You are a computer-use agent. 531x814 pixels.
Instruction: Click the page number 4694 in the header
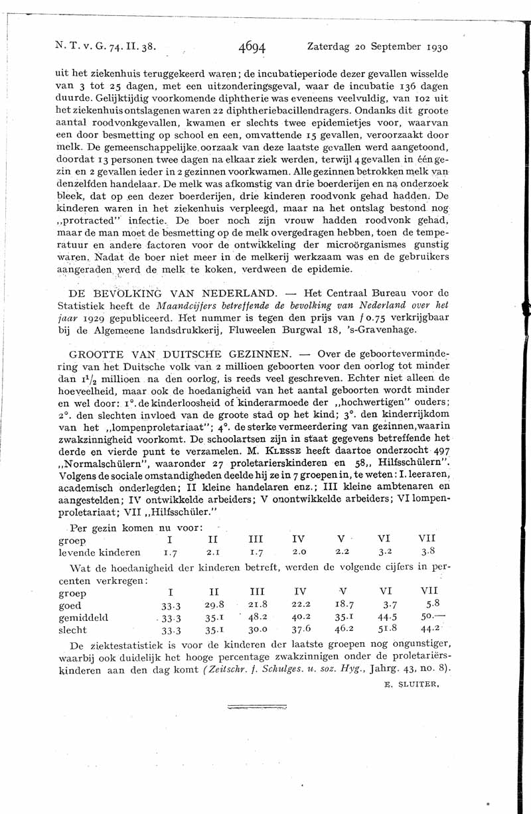click(252, 47)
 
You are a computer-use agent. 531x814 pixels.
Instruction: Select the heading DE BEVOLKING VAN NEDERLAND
click(172, 293)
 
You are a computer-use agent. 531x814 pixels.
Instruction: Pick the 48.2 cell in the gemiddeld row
click(257, 618)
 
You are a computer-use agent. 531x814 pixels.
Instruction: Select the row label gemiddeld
click(84, 618)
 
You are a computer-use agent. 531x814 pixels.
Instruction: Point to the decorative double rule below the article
click(256, 707)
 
